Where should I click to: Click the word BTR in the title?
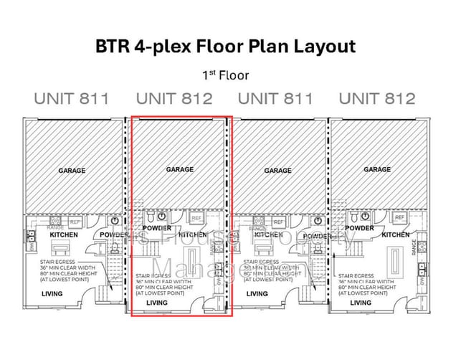click(x=112, y=47)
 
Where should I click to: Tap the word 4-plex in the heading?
click(x=162, y=48)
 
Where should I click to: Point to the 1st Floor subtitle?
click(x=226, y=74)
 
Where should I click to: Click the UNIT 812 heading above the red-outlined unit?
click(x=174, y=99)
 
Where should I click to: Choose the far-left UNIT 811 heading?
click(x=72, y=99)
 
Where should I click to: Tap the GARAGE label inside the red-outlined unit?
click(x=179, y=170)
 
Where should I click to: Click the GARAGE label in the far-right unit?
click(x=377, y=170)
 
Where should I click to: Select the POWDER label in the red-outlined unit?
click(x=157, y=228)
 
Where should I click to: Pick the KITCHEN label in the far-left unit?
click(x=64, y=235)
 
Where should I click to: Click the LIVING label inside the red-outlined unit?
click(x=156, y=303)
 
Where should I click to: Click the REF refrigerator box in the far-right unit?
click(x=399, y=217)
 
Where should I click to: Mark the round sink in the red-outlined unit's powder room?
click(x=163, y=216)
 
